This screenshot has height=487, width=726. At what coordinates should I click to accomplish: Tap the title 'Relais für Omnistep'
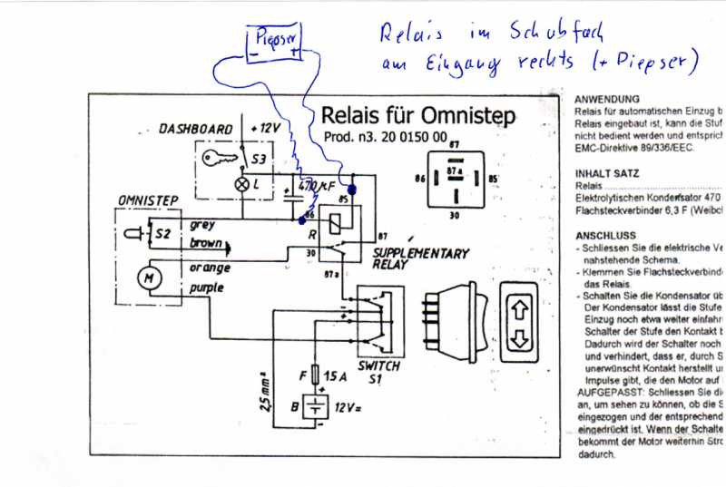[x=417, y=116]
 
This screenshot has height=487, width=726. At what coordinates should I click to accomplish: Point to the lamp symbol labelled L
[x=242, y=183]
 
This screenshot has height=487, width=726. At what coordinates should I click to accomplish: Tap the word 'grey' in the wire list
[x=202, y=225]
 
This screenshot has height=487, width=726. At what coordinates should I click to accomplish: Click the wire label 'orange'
[x=210, y=268]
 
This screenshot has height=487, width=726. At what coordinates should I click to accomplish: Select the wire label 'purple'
[x=208, y=289]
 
